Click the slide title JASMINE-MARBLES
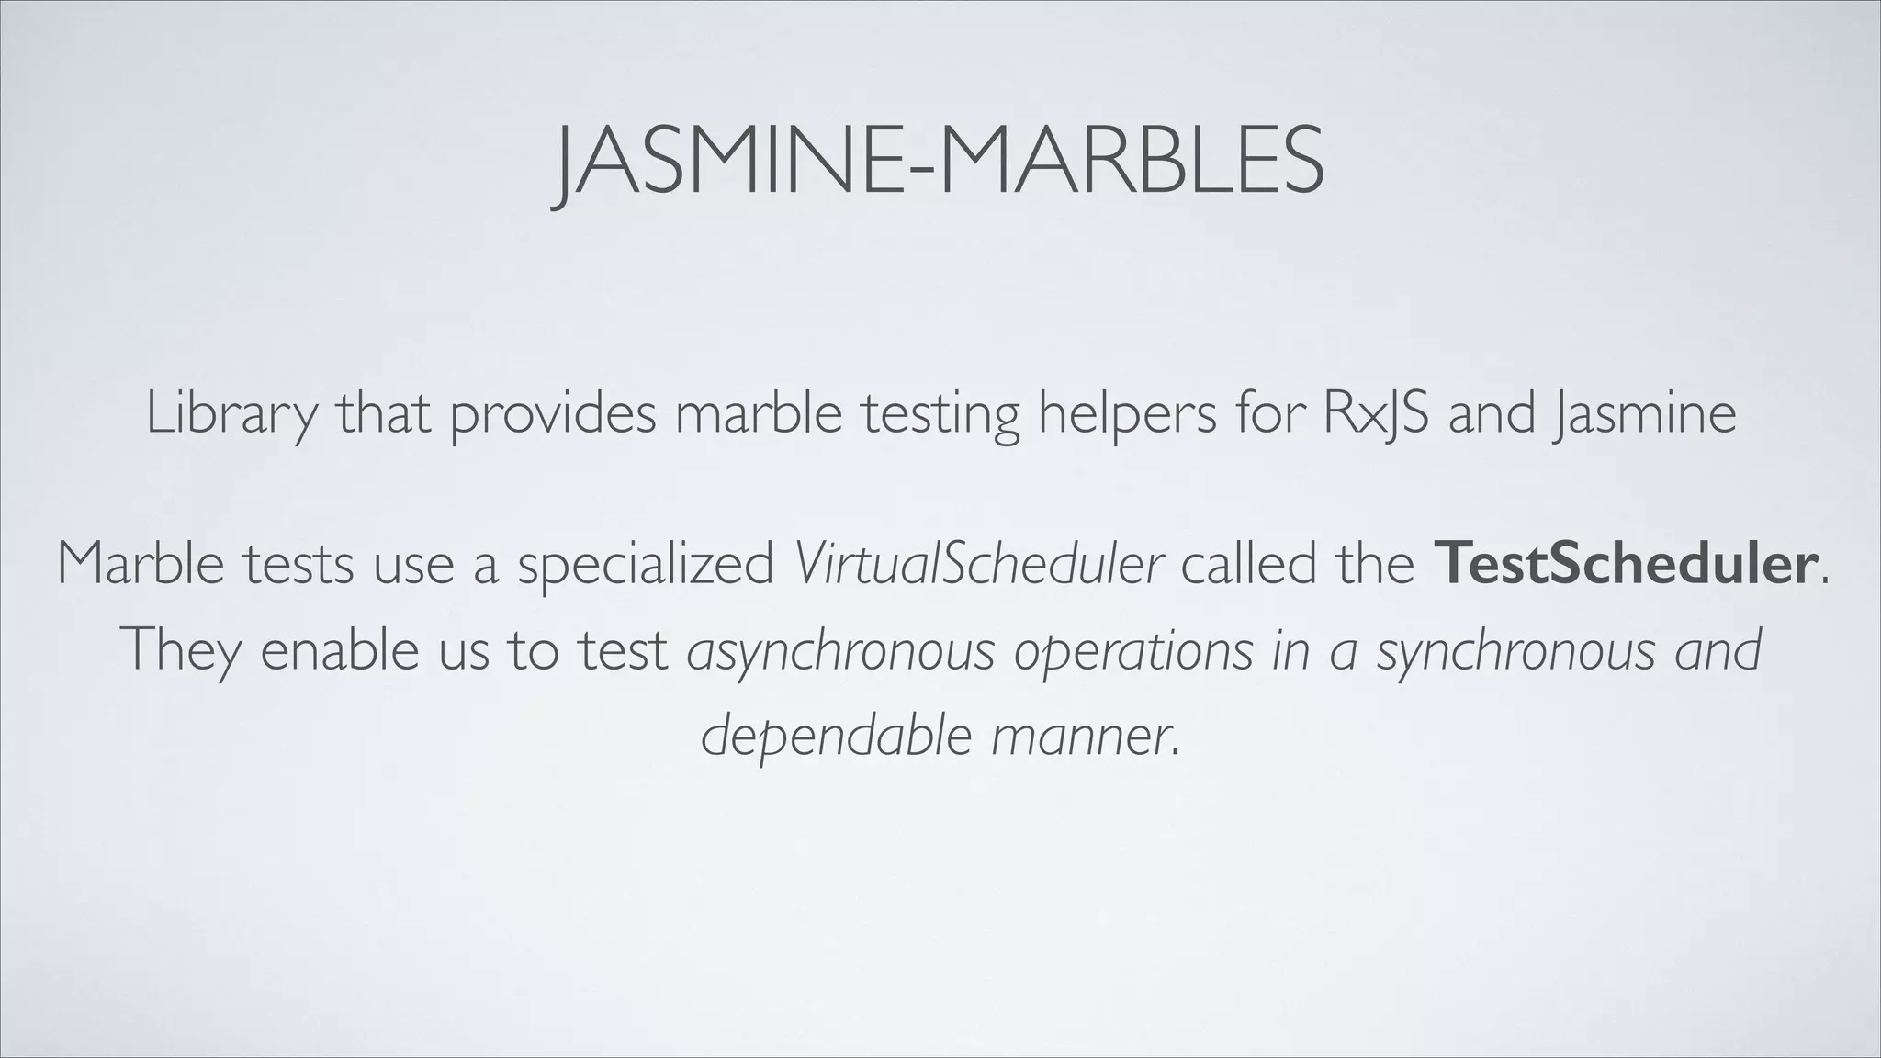point(939,163)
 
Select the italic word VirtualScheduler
point(979,564)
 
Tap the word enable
point(340,650)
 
